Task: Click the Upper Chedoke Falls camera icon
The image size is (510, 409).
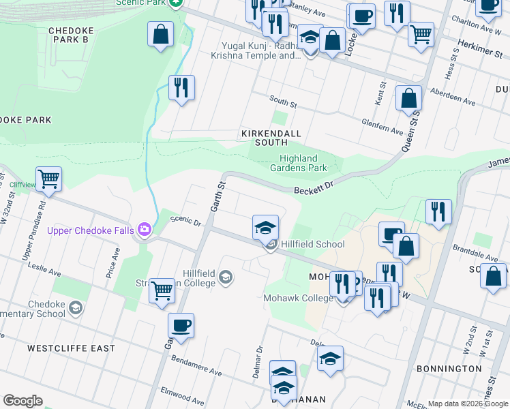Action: pyautogui.click(x=144, y=230)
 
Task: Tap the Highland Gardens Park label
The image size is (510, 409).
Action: pyautogui.click(x=299, y=163)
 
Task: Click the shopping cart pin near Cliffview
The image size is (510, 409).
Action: pyautogui.click(x=48, y=179)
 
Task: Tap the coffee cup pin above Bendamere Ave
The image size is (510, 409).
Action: pyautogui.click(x=181, y=326)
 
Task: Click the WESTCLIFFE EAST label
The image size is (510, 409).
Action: pyautogui.click(x=71, y=348)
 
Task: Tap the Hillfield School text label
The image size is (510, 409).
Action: pyautogui.click(x=313, y=244)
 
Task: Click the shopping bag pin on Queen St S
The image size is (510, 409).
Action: pyautogui.click(x=408, y=98)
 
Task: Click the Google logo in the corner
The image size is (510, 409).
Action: pyautogui.click(x=22, y=401)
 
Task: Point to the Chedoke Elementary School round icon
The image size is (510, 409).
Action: pyautogui.click(x=75, y=309)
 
